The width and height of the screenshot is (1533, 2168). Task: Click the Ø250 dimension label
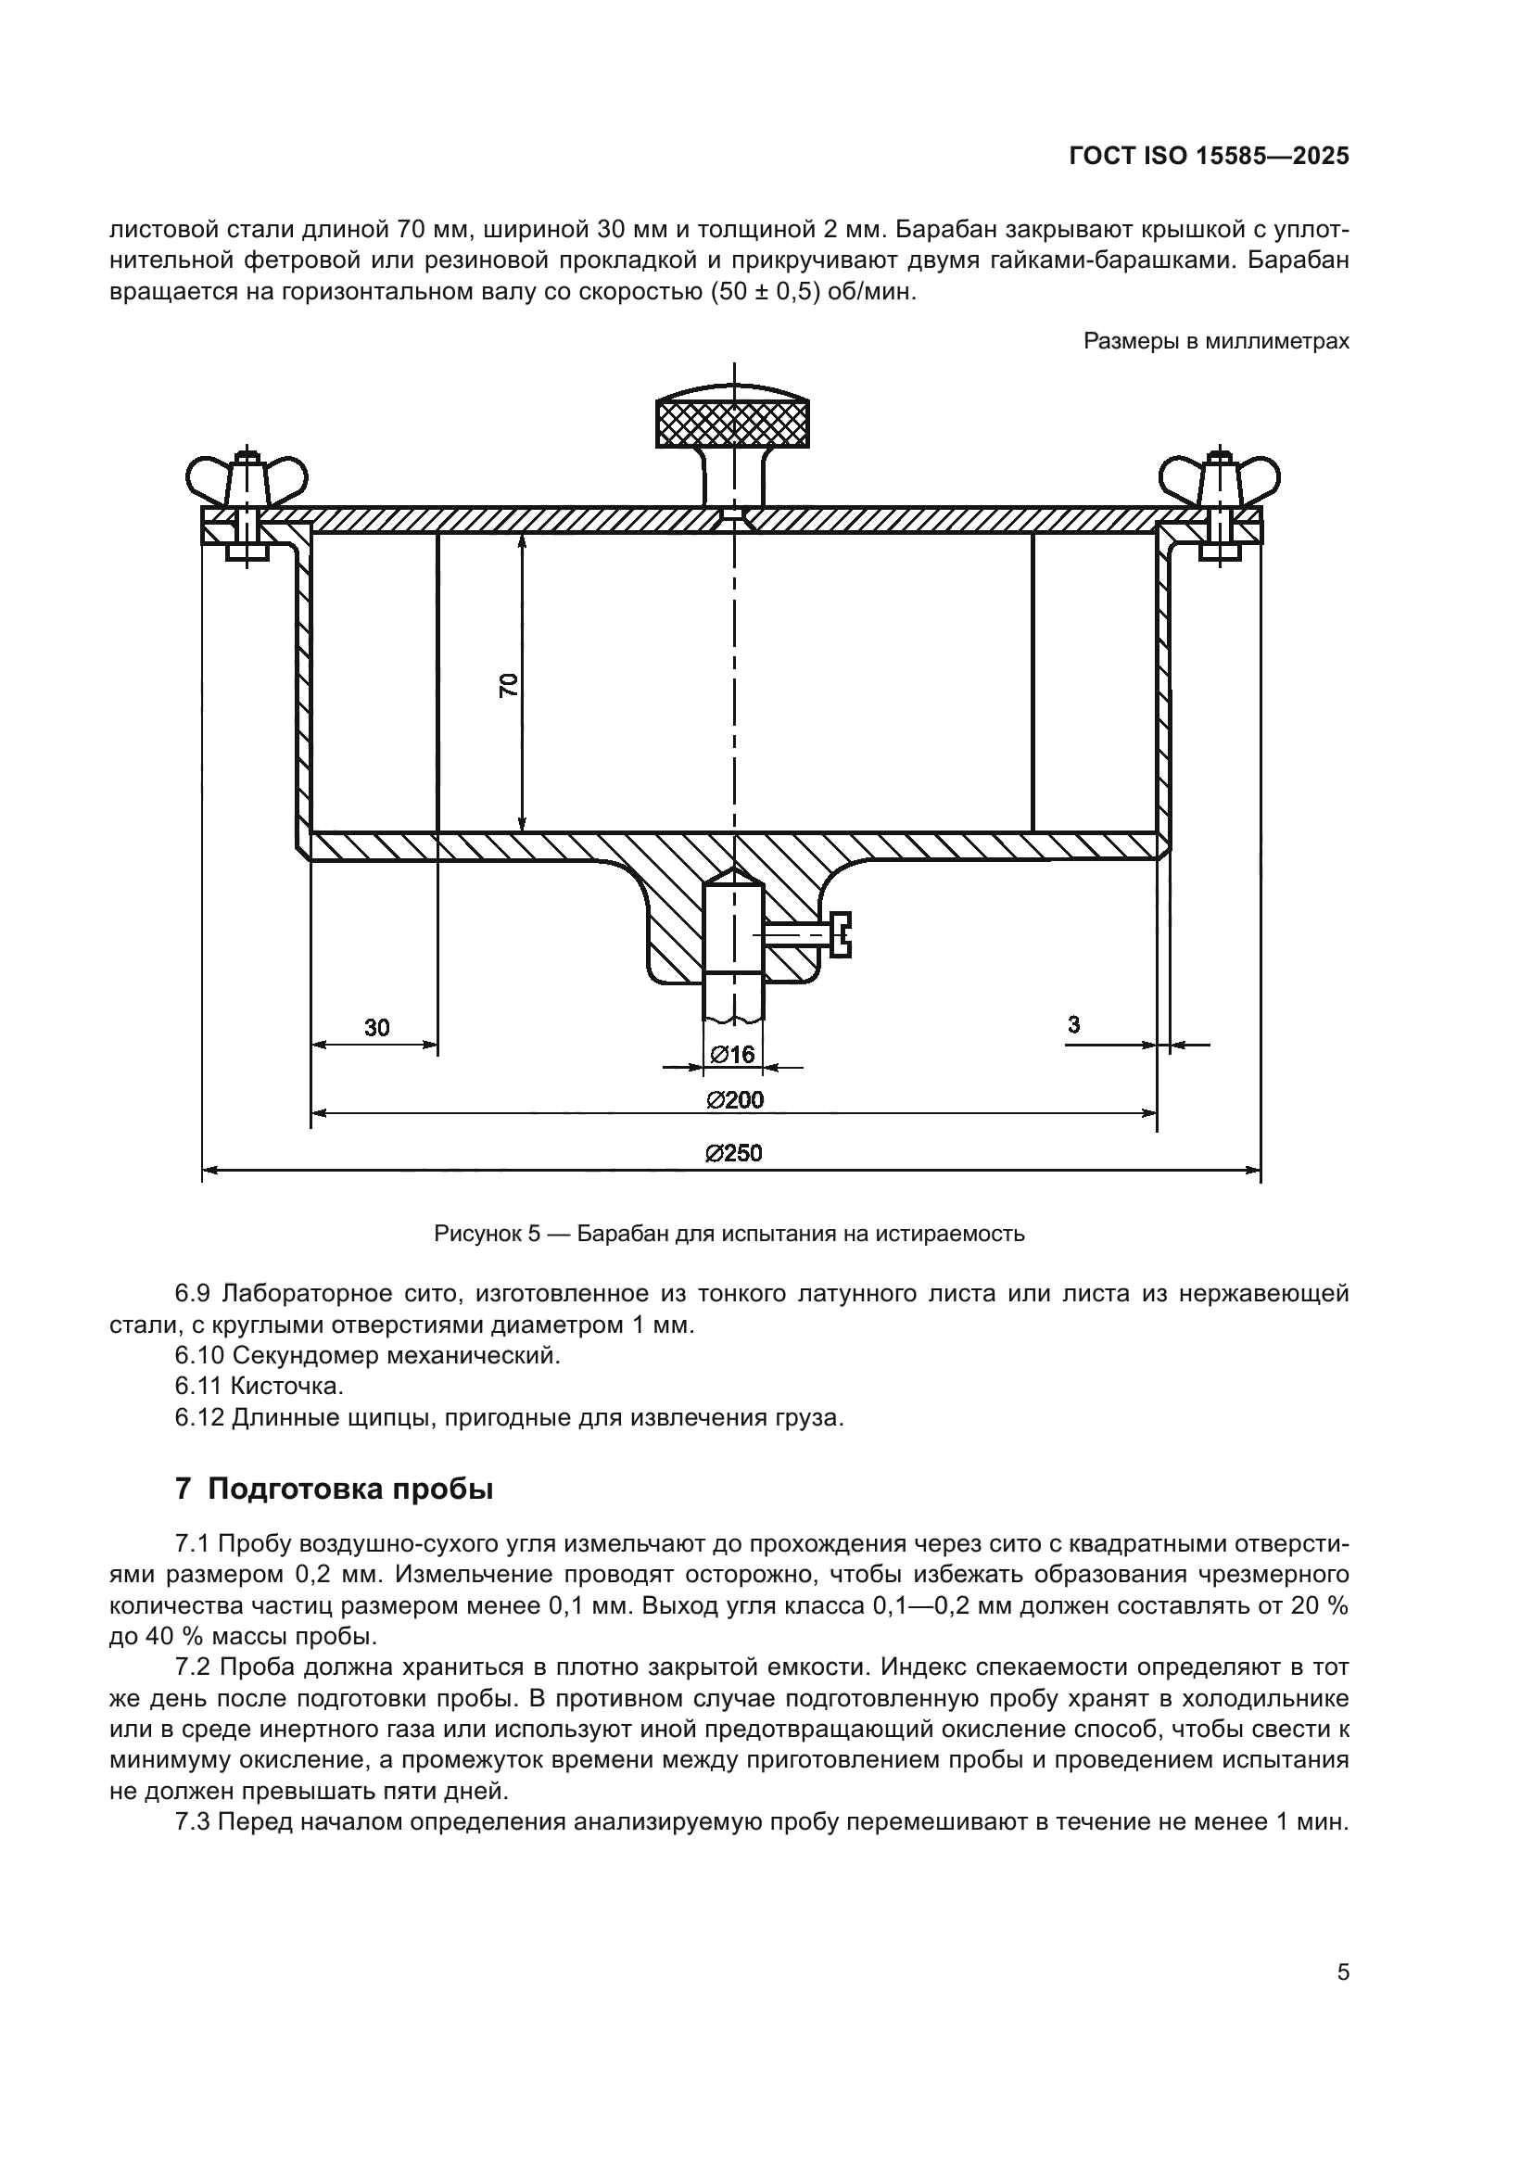(x=733, y=1153)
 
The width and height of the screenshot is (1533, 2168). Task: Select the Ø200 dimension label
(x=734, y=1099)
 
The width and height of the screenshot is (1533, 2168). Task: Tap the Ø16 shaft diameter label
(x=732, y=1054)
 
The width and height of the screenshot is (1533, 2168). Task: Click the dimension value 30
(x=376, y=1027)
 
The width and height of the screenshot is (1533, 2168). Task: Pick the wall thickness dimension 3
(x=1073, y=1024)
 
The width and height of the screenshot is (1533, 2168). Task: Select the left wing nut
(x=247, y=481)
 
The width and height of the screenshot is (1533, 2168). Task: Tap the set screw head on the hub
(x=841, y=935)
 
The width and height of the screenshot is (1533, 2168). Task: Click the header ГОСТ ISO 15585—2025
(x=1209, y=157)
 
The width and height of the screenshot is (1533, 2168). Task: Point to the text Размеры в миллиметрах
(x=1216, y=341)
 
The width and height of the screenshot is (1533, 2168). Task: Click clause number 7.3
(x=194, y=1821)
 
